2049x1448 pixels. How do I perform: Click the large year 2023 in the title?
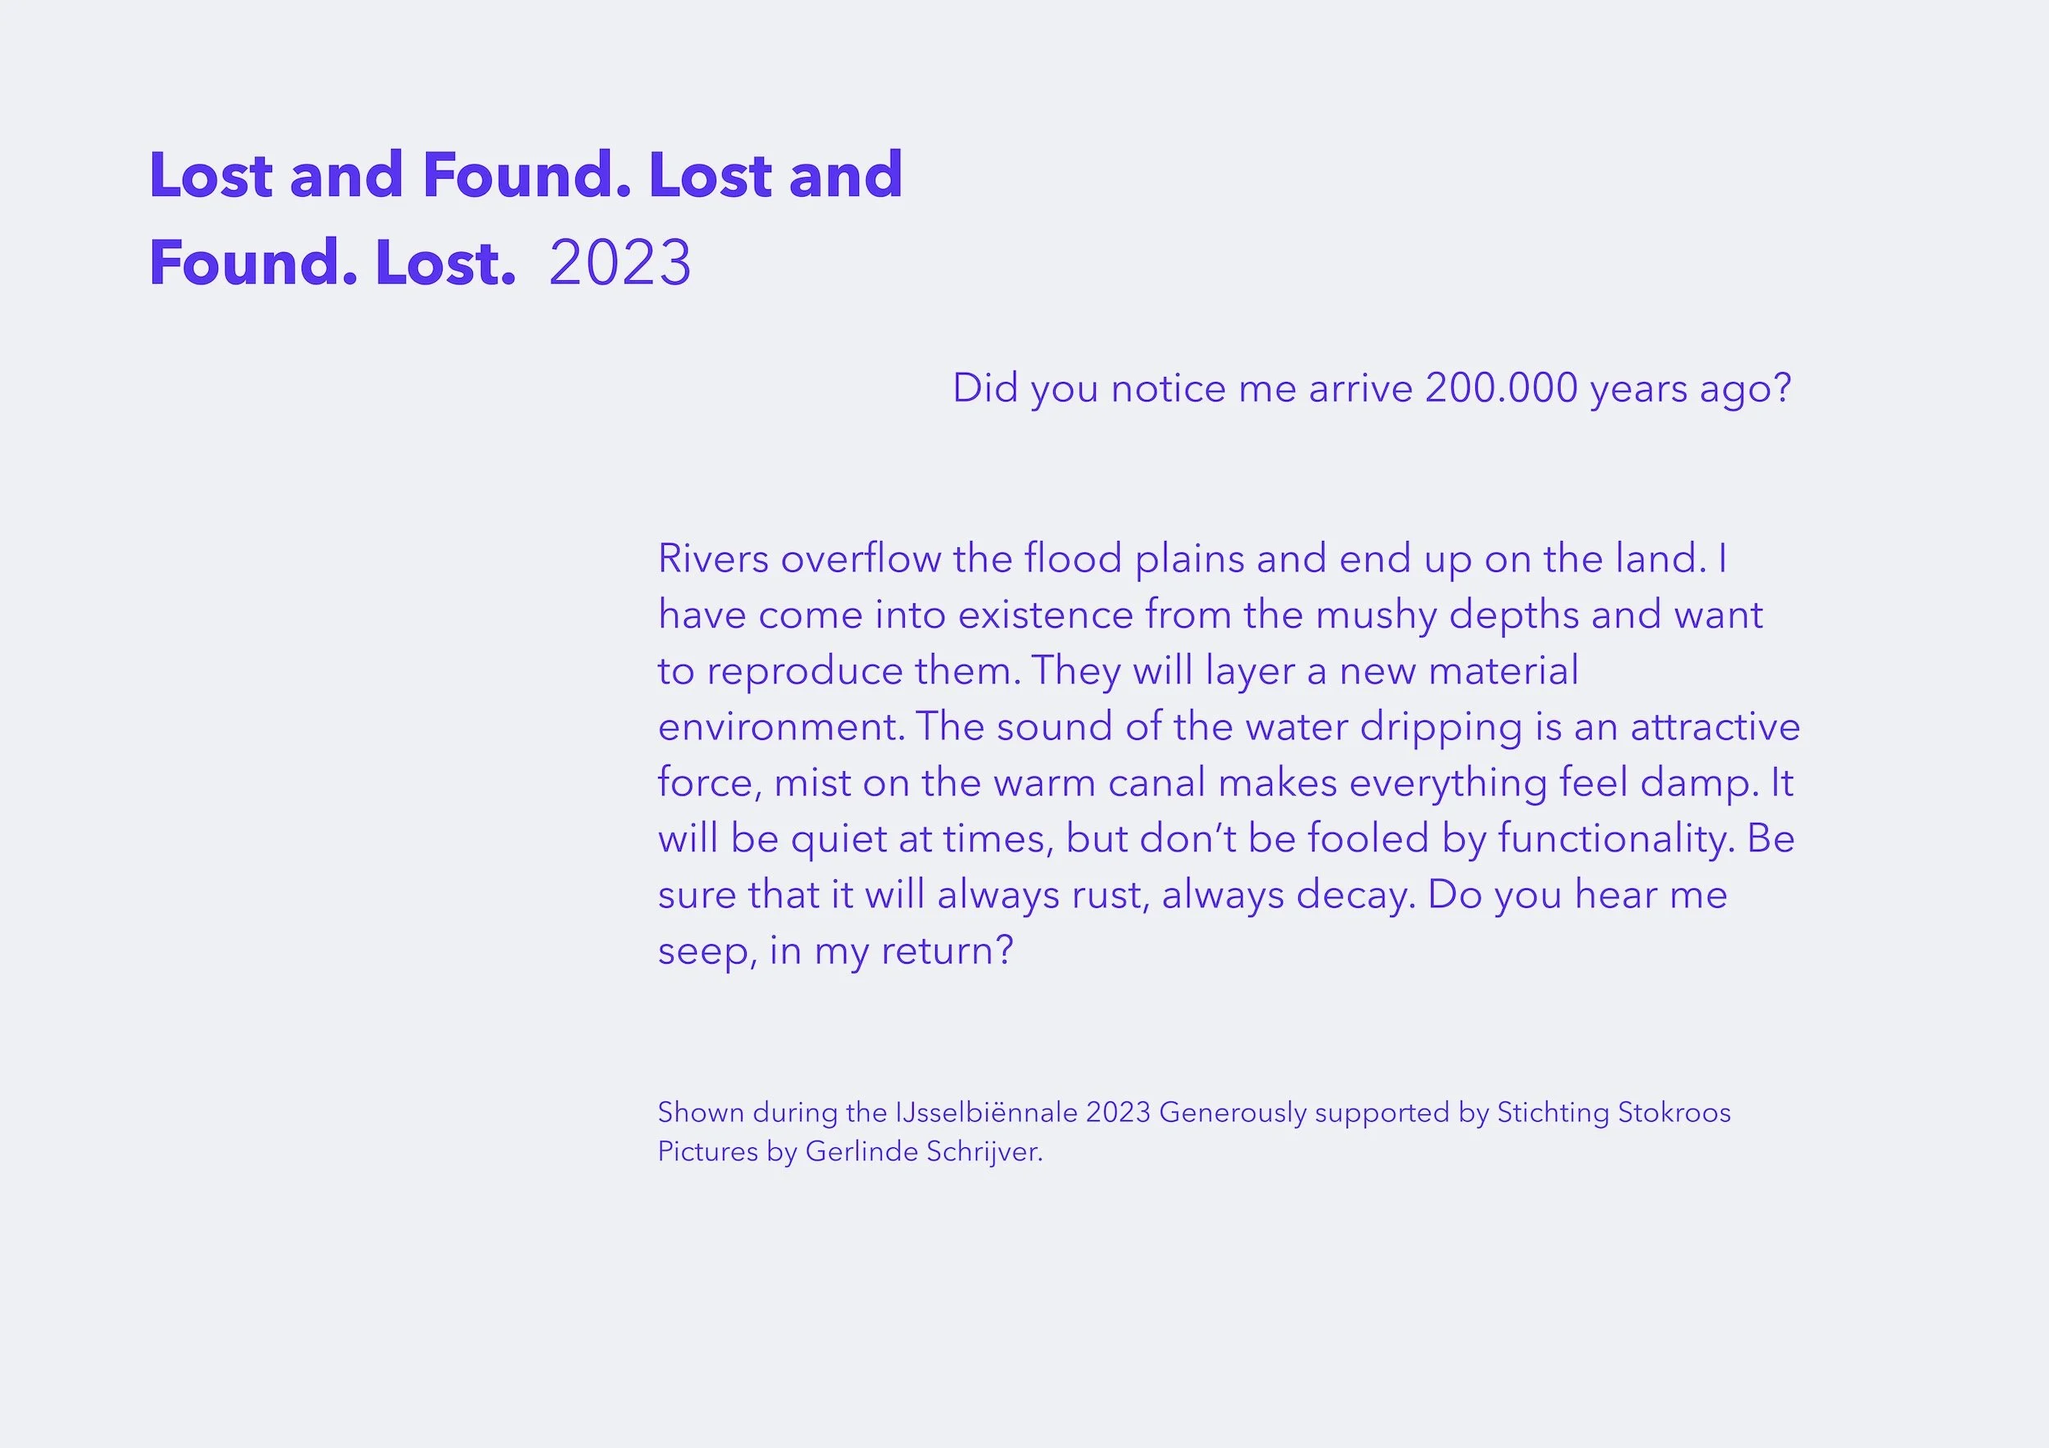(x=620, y=263)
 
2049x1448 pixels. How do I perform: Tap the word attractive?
(x=1715, y=727)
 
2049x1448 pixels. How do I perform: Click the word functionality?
(x=1615, y=839)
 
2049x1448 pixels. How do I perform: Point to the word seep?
(x=706, y=951)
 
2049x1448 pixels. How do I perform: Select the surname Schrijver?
(x=984, y=1152)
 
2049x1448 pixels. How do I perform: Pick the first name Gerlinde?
(x=861, y=1152)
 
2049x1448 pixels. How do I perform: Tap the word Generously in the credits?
(x=1233, y=1113)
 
